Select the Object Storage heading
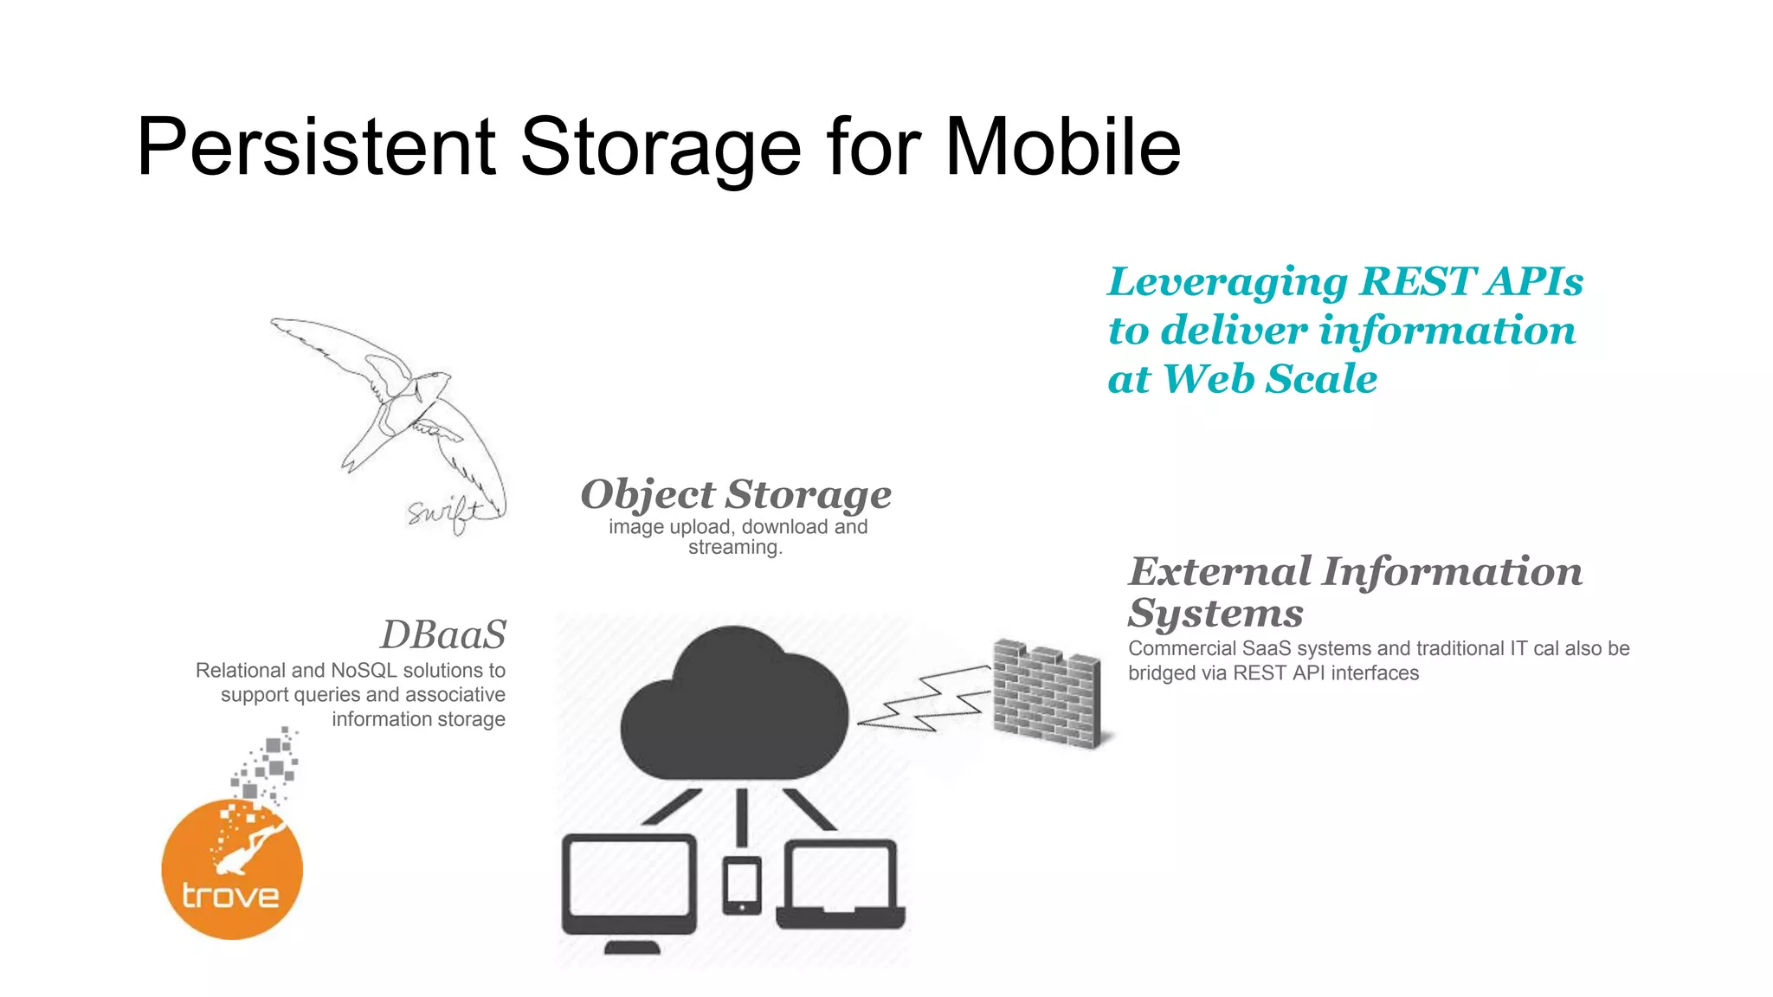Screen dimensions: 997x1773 [x=736, y=495]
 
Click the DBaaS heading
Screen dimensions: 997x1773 [x=443, y=634]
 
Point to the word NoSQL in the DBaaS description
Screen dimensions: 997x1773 [x=363, y=671]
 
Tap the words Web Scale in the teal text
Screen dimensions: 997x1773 [x=1270, y=379]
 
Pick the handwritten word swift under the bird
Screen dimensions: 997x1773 [x=443, y=512]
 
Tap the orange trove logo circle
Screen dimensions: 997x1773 [x=232, y=870]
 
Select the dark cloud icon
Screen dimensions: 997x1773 [x=734, y=705]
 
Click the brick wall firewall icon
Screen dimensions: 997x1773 [x=1046, y=692]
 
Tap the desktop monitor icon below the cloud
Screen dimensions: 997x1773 [x=629, y=887]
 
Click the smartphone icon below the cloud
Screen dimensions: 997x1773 [x=742, y=884]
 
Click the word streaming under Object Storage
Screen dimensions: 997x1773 [x=734, y=548]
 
